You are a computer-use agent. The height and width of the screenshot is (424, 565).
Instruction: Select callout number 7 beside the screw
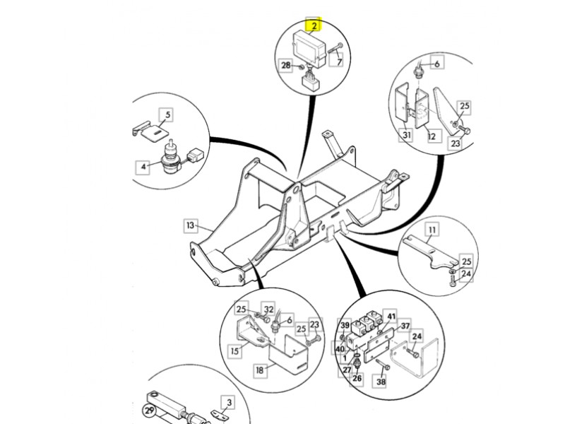tap(340, 62)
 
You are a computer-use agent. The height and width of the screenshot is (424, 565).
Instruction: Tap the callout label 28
tap(286, 66)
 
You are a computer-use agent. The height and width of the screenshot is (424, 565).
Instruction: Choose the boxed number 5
tap(167, 114)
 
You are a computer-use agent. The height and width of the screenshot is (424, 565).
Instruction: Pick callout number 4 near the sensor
tap(144, 167)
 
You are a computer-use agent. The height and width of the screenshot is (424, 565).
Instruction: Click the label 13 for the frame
tap(190, 226)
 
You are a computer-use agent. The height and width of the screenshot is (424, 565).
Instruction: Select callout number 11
tap(432, 229)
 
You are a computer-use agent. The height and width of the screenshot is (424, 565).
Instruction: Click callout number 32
tap(268, 309)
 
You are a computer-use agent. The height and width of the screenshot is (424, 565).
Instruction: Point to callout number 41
tap(392, 317)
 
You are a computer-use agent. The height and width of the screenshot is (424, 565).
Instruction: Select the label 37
tap(405, 326)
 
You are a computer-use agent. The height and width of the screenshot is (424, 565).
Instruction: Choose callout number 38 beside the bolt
tap(381, 382)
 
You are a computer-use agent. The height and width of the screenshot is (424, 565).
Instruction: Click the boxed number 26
tap(357, 379)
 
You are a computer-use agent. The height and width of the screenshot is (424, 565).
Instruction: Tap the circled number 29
tap(149, 411)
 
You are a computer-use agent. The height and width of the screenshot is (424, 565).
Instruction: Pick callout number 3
tap(227, 404)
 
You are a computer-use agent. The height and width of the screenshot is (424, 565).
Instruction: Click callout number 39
tap(346, 326)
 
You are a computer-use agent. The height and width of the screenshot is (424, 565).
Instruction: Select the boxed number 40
tap(340, 349)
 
